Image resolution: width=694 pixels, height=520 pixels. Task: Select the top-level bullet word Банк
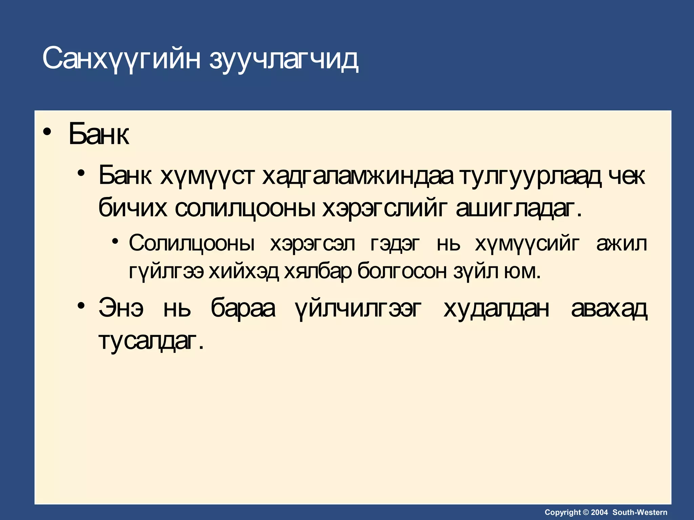coord(99,134)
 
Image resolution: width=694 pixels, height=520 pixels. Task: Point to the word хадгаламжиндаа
coord(358,176)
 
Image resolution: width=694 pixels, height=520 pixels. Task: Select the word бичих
coord(132,208)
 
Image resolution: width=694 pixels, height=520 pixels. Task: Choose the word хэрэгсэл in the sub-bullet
coord(312,243)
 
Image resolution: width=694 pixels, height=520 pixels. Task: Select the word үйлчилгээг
coord(358,309)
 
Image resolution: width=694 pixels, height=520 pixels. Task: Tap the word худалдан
coord(496,309)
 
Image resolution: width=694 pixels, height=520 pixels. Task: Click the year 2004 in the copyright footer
coord(599,512)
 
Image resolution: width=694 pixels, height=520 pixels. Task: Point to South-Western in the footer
coord(640,512)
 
